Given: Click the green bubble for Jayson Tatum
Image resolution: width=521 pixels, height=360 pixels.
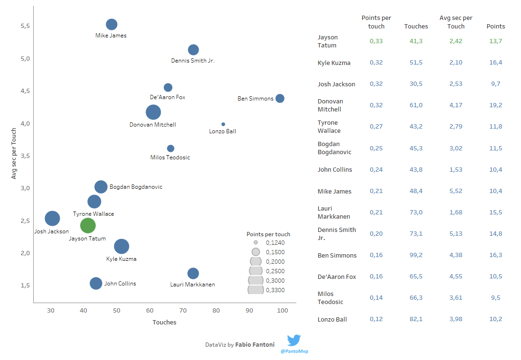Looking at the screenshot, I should [88, 225].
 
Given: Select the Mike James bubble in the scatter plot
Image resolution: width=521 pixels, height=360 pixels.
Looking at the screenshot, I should [111, 25].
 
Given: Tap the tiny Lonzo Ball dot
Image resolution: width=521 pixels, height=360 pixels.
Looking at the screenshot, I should [223, 124].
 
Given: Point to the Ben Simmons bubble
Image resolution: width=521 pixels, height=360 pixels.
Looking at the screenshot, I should [280, 98].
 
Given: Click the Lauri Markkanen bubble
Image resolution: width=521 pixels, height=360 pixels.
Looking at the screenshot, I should [193, 273].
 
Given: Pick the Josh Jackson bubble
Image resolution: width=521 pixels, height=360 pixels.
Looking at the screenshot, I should [52, 218].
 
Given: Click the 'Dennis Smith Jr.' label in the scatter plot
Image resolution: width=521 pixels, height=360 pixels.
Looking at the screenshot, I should [193, 61].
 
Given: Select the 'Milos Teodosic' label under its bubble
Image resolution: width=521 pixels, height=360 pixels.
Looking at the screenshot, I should [170, 157].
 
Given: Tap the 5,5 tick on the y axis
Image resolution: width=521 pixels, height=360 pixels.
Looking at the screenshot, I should [25, 26].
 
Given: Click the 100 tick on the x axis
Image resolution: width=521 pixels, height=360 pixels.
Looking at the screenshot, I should [283, 311].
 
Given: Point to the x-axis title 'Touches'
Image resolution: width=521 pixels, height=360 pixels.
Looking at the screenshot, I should [165, 323].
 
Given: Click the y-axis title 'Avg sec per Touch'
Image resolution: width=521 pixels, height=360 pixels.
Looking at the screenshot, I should [14, 153].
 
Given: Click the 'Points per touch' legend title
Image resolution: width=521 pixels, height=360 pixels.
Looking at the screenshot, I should [268, 234].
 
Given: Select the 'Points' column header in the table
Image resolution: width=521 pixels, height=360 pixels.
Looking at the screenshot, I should [496, 27].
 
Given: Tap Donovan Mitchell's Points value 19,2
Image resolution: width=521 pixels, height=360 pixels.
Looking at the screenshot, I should [496, 105].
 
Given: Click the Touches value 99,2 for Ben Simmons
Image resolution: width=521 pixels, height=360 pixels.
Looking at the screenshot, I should [416, 255].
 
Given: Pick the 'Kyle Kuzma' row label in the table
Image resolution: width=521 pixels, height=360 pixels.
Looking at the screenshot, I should [334, 63].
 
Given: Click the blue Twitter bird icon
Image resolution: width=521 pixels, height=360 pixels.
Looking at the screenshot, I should [294, 340].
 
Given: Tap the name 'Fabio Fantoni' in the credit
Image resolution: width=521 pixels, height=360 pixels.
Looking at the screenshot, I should [255, 345].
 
